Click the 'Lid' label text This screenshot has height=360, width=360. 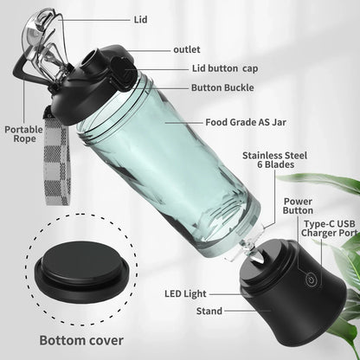point(141,18)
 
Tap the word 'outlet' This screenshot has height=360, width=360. point(187,49)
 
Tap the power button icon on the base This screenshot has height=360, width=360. point(310,278)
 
